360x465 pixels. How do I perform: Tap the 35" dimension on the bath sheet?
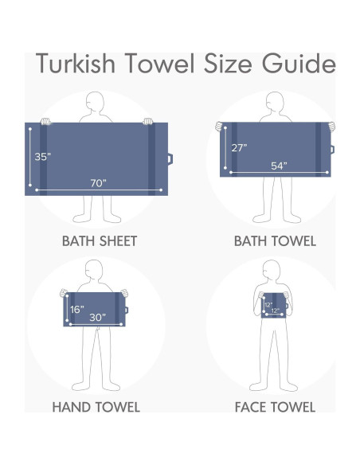[x=43, y=157]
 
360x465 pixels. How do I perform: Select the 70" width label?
[x=97, y=183]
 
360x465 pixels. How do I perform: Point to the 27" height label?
[x=239, y=147]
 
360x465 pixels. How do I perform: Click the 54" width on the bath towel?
[x=279, y=166]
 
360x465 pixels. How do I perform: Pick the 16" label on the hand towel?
[x=76, y=309]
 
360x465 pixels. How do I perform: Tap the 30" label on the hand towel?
[x=97, y=317]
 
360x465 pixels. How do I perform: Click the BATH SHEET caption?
[x=100, y=240]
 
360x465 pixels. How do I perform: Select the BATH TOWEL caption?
[x=275, y=240]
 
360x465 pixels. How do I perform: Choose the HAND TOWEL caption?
[x=96, y=407]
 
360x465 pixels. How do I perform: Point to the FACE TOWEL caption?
[x=275, y=407]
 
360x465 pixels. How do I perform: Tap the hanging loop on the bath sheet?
[x=170, y=158]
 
